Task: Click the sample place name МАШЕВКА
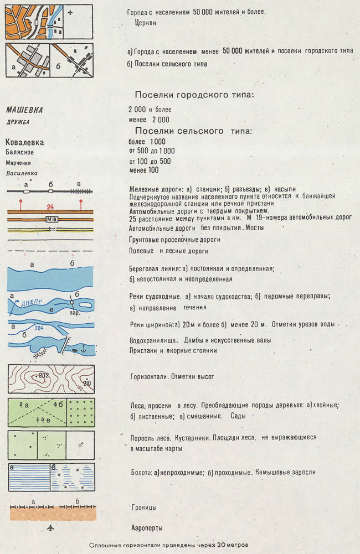coord(24,110)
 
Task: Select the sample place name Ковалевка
coord(24,142)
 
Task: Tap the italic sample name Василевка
coord(22,173)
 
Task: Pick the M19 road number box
coord(50,219)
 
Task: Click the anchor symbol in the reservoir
coord(81,348)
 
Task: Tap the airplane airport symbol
coord(52,527)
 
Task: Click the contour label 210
coord(86,383)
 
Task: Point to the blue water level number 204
coord(39,328)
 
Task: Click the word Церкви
coord(145,23)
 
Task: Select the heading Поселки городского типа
coord(194,95)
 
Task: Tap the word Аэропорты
coord(147,528)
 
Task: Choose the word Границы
coord(144,507)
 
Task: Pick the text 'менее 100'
coord(143,170)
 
